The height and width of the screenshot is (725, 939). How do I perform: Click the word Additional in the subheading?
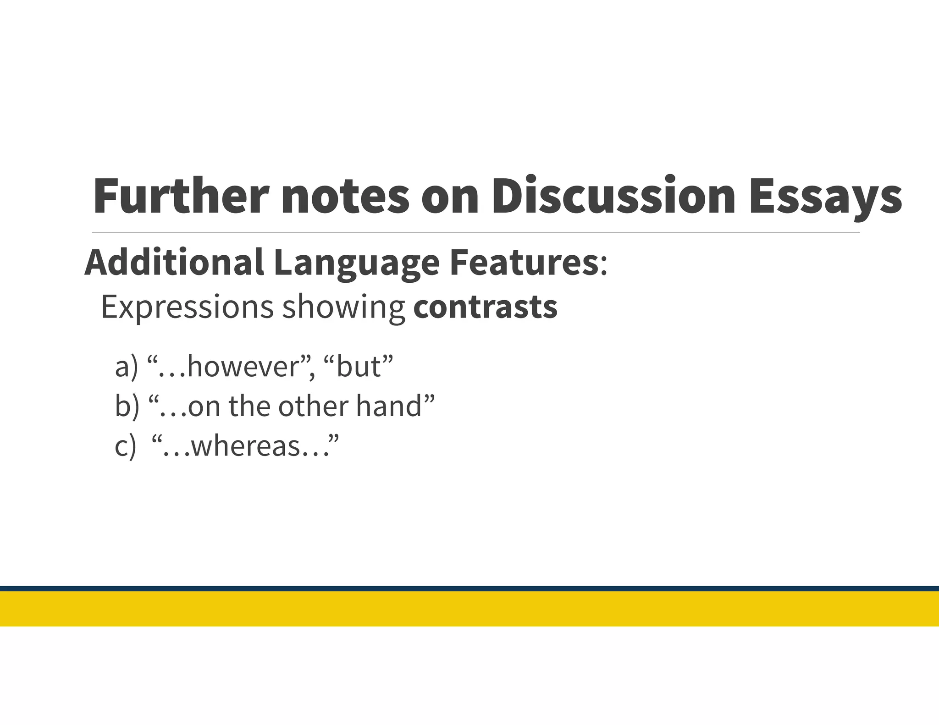coord(174,262)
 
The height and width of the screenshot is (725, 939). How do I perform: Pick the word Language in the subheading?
coord(356,262)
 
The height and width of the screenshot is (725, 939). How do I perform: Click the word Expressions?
coord(187,307)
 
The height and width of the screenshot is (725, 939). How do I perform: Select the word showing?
coord(343,307)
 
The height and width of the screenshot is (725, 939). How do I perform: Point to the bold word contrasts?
coord(485,307)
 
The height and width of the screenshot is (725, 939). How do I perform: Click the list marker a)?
coord(126,367)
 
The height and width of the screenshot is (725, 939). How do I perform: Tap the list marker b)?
coord(127,406)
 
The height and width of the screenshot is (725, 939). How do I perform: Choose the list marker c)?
coord(125,446)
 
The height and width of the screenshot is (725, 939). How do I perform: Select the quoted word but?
coord(358,367)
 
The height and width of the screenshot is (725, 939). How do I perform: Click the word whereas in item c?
coord(245,446)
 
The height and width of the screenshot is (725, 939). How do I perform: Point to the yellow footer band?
coord(469,609)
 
